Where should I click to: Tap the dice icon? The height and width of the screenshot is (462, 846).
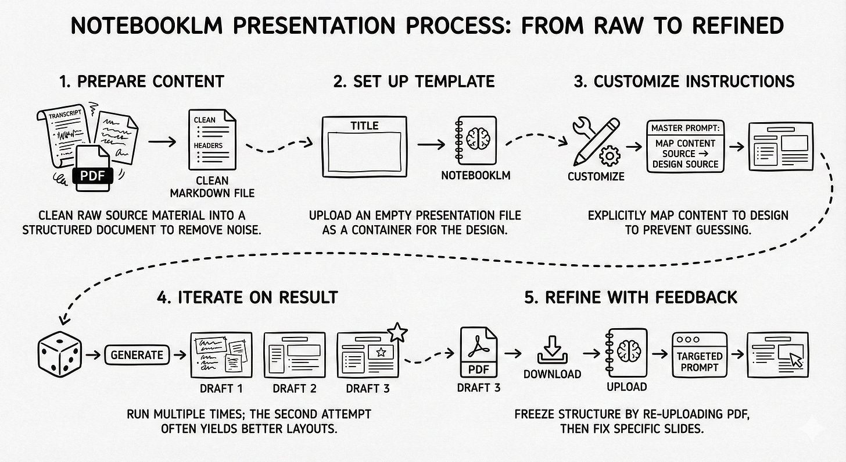coord(59,354)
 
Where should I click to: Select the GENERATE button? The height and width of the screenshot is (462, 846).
coord(137,354)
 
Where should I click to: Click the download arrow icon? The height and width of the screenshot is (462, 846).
coord(553,351)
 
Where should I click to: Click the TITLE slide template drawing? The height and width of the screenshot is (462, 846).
coord(364,147)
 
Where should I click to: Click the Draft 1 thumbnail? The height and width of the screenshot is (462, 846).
coord(221,356)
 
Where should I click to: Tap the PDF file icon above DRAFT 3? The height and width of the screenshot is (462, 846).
coord(479,353)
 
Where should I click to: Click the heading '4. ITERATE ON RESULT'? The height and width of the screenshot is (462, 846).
coord(247,297)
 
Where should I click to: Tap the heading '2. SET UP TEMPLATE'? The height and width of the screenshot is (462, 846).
coord(414,81)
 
